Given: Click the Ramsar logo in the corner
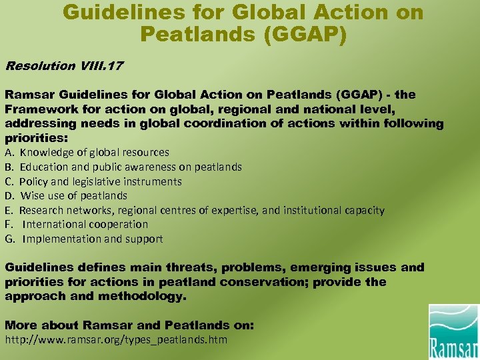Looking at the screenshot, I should tap(453, 331).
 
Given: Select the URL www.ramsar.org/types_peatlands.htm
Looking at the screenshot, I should tap(116, 340).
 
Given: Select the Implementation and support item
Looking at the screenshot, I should tap(92, 239).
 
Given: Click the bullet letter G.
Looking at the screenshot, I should tap(9, 239).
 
